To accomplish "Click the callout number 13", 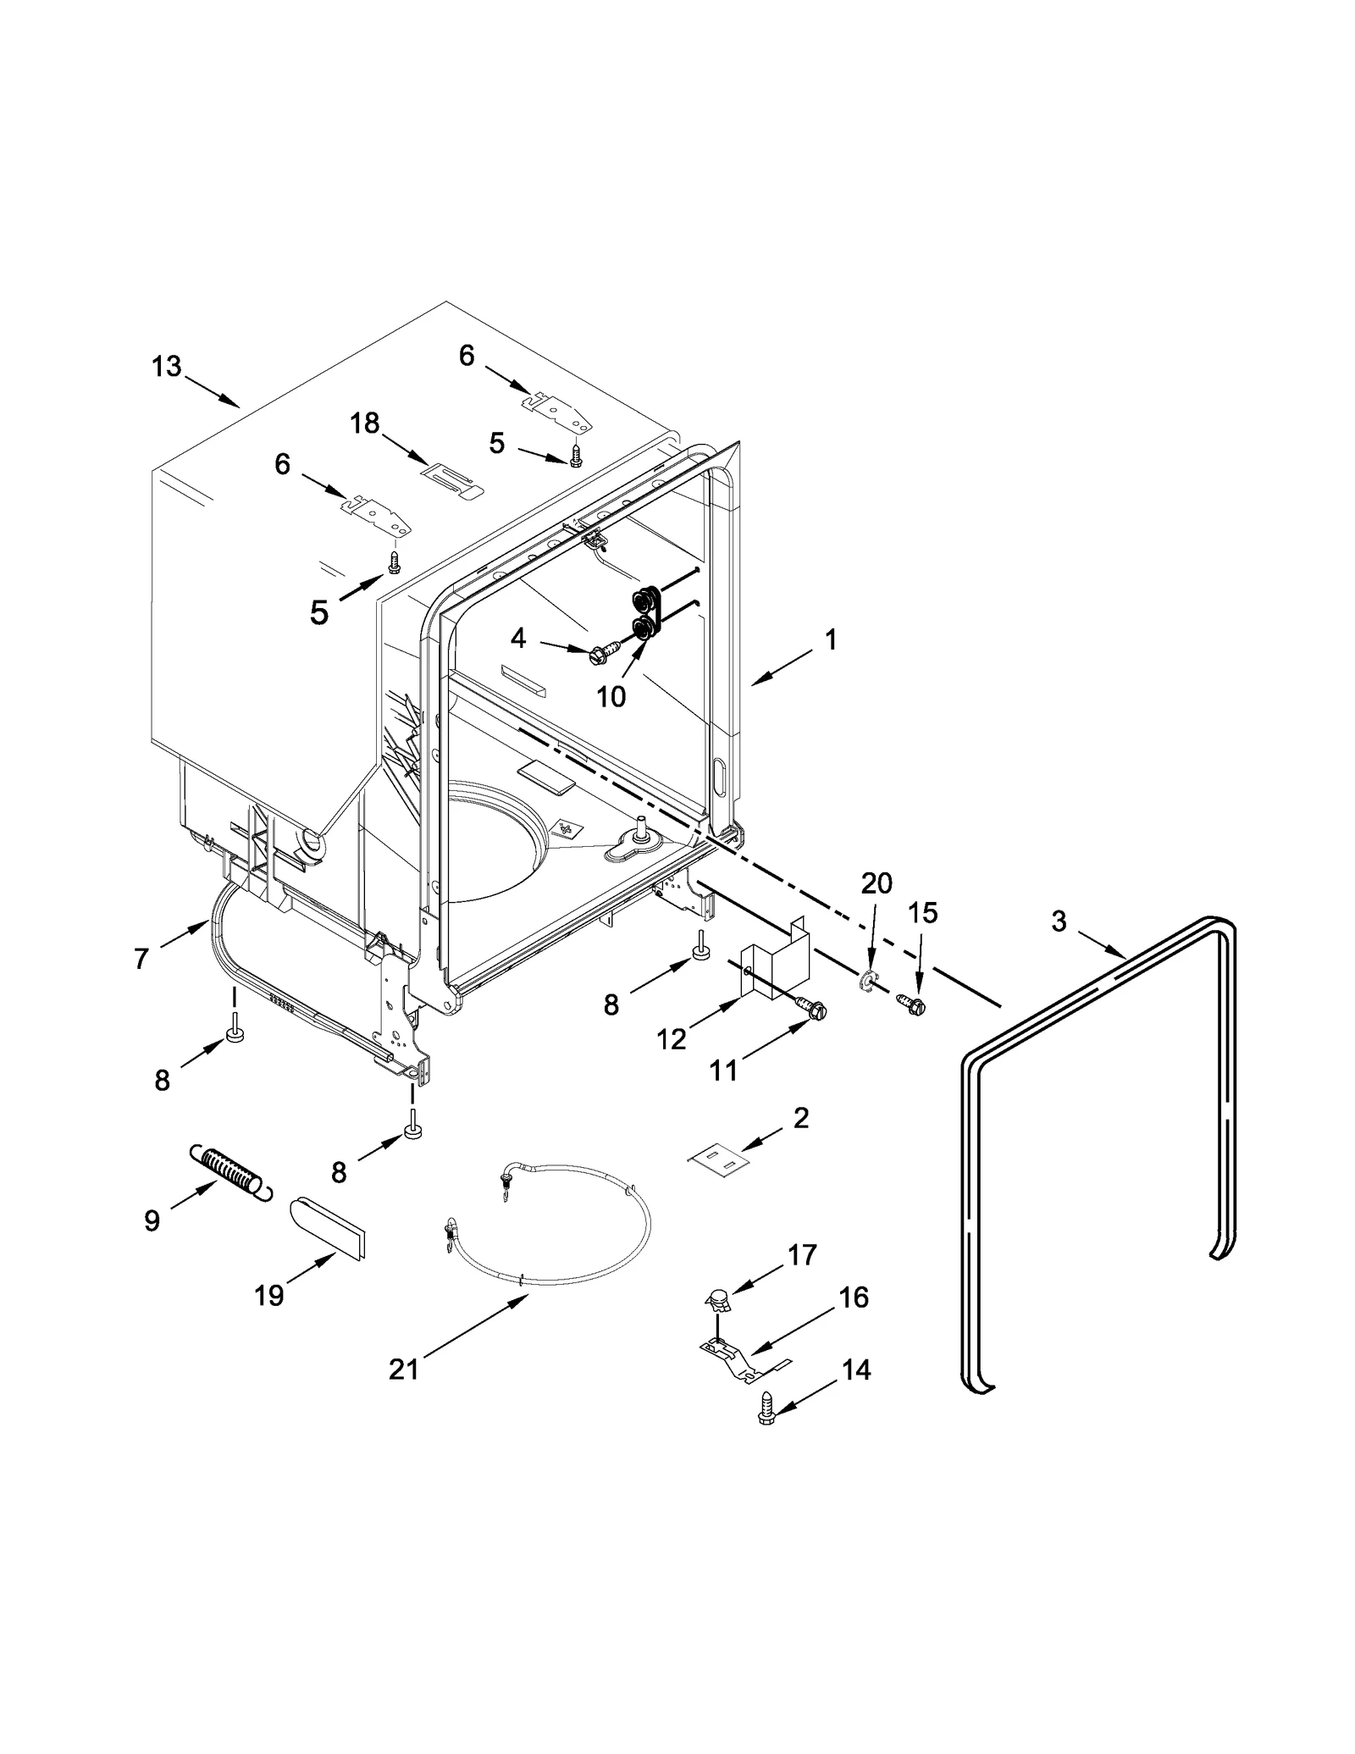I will click(167, 367).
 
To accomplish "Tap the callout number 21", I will click(404, 1369).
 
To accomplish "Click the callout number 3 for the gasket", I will click(1059, 921).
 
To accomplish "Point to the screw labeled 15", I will click(912, 1004).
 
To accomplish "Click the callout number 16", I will click(854, 1298).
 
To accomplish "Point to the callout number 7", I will click(141, 958).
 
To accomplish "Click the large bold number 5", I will click(318, 611).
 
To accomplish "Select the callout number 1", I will click(831, 639).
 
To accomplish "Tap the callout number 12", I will click(672, 1038).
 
